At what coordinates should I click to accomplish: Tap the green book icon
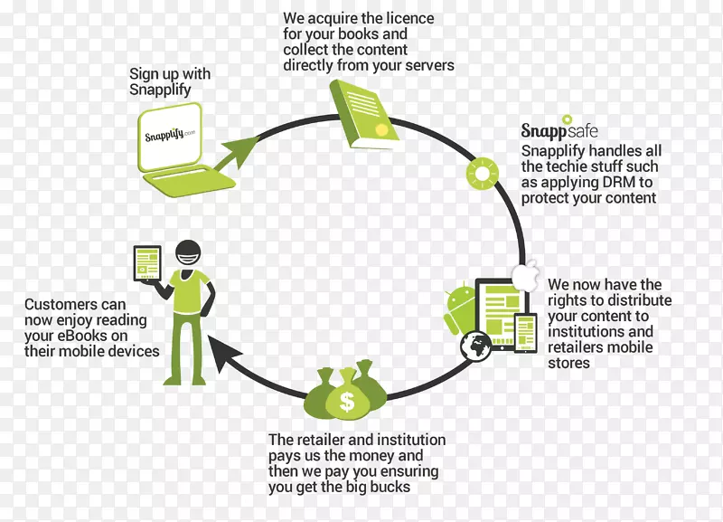[x=365, y=113]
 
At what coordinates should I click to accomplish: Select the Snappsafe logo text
[x=559, y=130]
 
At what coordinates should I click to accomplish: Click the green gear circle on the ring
[x=483, y=171]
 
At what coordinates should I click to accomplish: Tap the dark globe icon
[x=475, y=346]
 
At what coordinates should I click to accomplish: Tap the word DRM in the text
[x=615, y=182]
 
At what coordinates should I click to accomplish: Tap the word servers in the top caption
[x=428, y=65]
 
